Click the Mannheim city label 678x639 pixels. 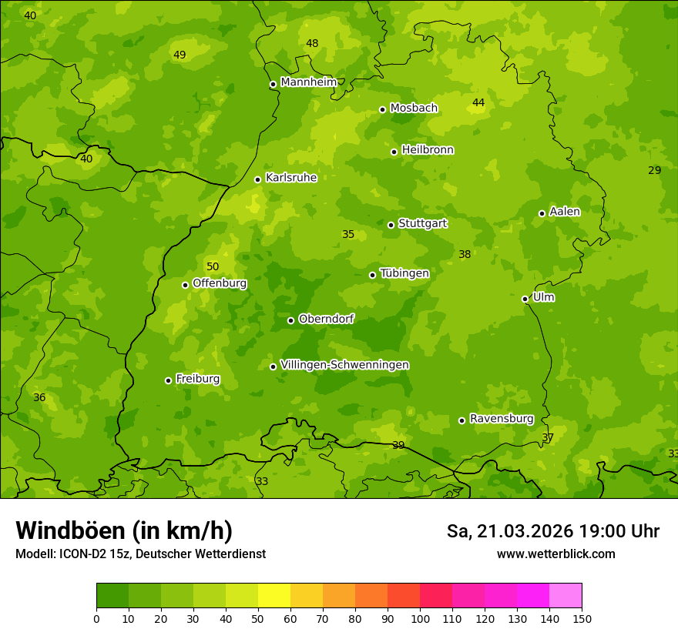pos(309,82)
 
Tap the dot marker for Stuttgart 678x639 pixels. pos(391,225)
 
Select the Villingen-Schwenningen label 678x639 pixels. pos(345,365)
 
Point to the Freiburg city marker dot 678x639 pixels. pos(168,380)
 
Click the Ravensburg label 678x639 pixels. pos(502,419)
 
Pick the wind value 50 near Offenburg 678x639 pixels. pos(213,266)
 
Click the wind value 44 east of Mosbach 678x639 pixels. pos(478,102)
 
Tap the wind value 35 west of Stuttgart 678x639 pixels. pos(348,234)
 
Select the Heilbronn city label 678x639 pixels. pos(428,150)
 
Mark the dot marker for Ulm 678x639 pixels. pos(525,299)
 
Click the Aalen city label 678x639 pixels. pos(565,212)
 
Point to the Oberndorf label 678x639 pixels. pos(327,319)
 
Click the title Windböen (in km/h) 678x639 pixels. pos(124,530)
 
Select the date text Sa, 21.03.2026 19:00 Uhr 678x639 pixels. pos(552,531)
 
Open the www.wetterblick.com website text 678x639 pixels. pos(555,554)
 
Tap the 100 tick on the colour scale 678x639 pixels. pos(420,618)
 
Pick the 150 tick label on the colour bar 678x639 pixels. pos(582,618)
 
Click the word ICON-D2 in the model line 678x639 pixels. pos(82,554)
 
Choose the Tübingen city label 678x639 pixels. pos(404,273)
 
